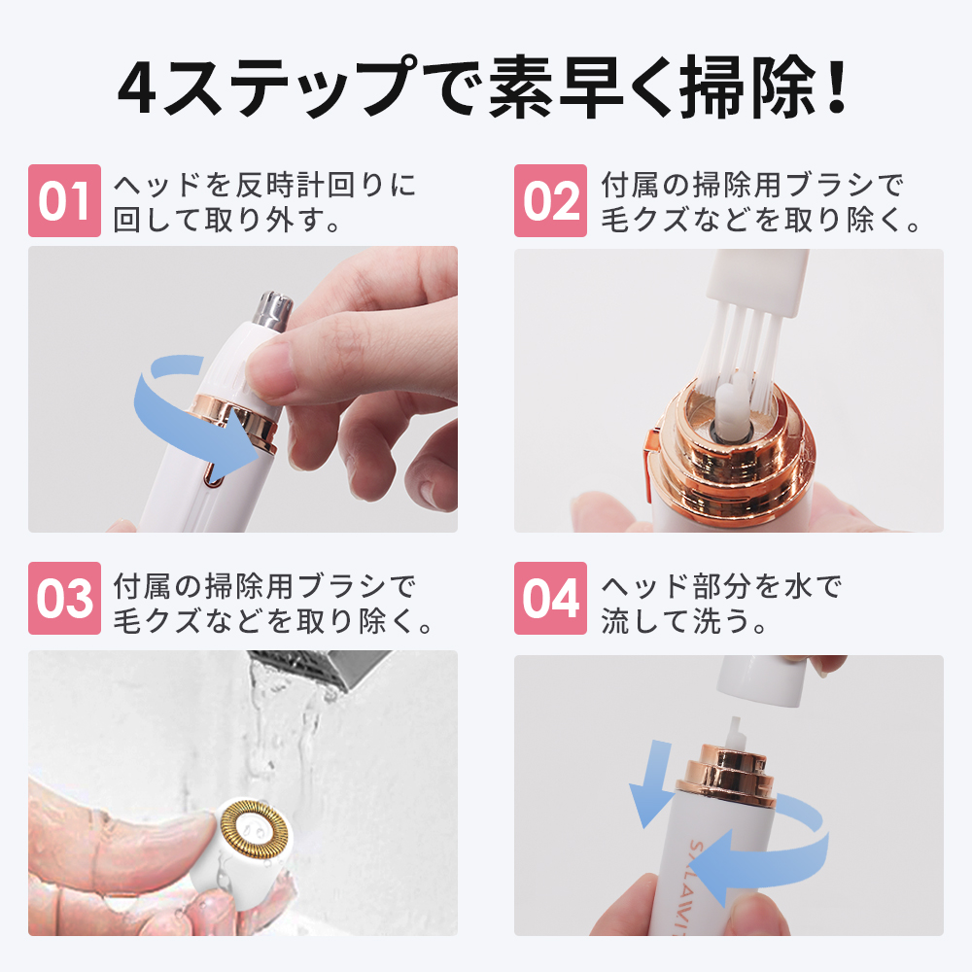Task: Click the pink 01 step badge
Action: [64, 201]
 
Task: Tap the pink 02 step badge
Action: [550, 201]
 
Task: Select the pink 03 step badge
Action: [64, 599]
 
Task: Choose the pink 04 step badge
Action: [550, 599]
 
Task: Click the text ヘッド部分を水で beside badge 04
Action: [720, 586]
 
